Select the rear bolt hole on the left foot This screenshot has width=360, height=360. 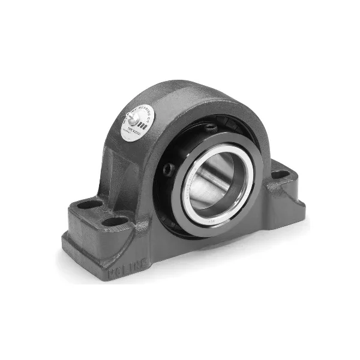click(91, 205)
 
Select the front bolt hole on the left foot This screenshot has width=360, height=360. click(113, 221)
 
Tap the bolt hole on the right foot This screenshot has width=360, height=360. click(281, 175)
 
